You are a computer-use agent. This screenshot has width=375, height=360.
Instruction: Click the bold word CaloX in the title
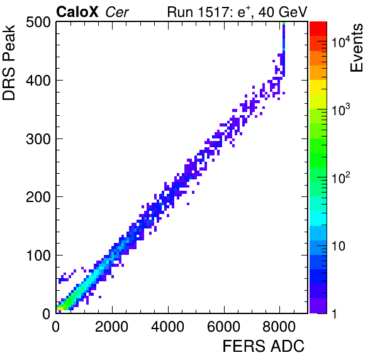(77, 12)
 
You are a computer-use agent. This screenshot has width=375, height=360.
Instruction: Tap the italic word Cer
(117, 12)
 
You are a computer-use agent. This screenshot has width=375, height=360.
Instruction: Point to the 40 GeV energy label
(283, 12)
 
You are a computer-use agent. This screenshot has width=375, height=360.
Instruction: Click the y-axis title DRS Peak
(9, 62)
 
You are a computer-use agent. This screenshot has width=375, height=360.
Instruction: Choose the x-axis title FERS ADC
(264, 346)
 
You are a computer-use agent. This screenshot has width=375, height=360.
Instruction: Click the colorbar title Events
(356, 48)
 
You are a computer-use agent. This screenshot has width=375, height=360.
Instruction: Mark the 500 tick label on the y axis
(38, 23)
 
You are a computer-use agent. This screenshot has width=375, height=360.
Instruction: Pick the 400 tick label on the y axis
(38, 81)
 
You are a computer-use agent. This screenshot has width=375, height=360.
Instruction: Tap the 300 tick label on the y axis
(38, 139)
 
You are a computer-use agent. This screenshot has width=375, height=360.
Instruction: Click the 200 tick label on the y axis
(38, 197)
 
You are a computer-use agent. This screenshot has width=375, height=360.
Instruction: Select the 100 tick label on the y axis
(38, 256)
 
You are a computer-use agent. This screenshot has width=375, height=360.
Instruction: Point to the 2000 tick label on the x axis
(112, 327)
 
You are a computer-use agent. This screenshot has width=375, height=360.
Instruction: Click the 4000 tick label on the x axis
(168, 327)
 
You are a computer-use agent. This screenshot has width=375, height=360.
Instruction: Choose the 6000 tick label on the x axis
(223, 327)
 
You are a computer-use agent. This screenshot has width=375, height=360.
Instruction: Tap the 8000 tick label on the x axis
(279, 327)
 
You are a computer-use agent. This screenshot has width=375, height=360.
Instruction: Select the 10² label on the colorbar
(341, 177)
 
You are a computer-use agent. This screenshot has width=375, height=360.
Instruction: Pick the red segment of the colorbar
(318, 29)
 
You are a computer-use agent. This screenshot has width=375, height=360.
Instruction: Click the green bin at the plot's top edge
(284, 23)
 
